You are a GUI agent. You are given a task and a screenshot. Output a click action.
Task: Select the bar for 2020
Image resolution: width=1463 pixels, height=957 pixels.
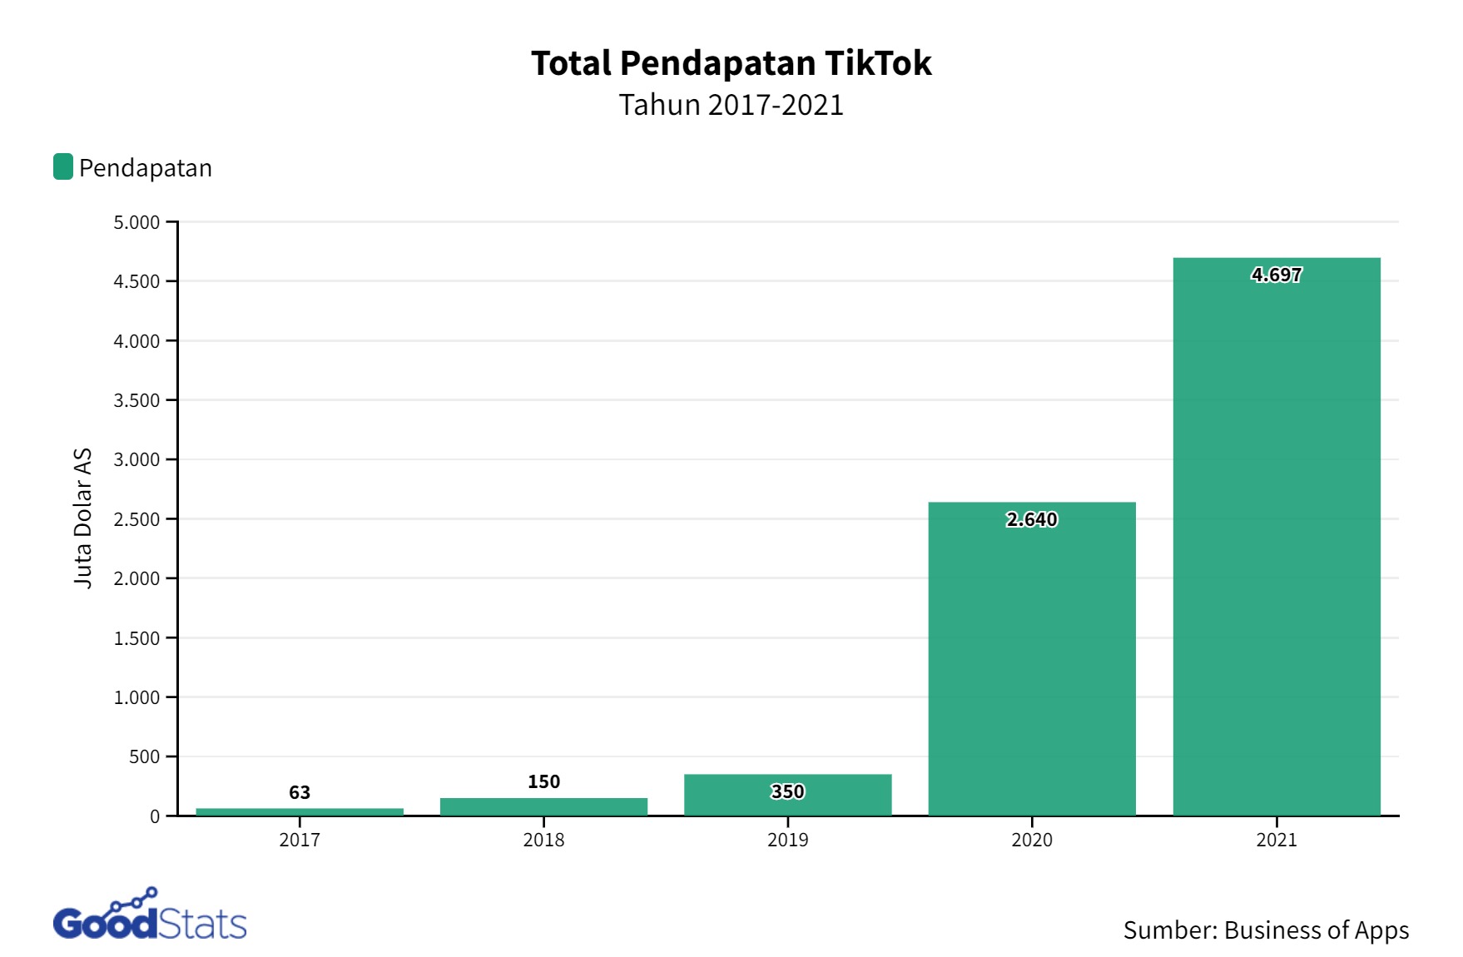pyautogui.click(x=1031, y=666)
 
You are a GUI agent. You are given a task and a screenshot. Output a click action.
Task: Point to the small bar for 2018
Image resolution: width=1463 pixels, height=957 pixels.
pyautogui.click(x=543, y=806)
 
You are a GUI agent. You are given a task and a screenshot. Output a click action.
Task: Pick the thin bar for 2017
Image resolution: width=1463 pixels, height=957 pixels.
pyautogui.click(x=300, y=811)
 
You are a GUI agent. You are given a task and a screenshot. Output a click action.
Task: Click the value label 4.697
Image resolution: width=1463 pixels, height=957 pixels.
pyautogui.click(x=1276, y=275)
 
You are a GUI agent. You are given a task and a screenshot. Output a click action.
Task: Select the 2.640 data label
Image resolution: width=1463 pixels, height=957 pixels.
pyautogui.click(x=1031, y=519)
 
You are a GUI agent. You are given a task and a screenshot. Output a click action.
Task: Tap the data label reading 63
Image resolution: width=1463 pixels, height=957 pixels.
pyautogui.click(x=300, y=792)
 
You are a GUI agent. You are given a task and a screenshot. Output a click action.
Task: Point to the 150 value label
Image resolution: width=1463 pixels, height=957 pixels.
pyautogui.click(x=543, y=781)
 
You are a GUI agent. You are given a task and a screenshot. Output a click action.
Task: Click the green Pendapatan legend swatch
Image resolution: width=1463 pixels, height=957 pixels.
pyautogui.click(x=63, y=166)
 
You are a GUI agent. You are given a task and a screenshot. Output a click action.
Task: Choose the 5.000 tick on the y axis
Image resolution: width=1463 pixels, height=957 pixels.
pyautogui.click(x=136, y=222)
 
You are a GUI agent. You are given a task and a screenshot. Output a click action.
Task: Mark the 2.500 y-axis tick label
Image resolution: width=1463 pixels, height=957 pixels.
pyautogui.click(x=136, y=519)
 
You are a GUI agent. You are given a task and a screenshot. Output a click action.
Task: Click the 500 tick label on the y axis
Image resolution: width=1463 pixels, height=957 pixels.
pyautogui.click(x=145, y=756)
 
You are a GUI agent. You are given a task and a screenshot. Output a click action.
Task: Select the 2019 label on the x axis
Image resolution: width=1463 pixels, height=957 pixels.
pyautogui.click(x=787, y=840)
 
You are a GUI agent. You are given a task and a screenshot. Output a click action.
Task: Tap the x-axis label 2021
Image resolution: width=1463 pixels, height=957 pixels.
pyautogui.click(x=1276, y=840)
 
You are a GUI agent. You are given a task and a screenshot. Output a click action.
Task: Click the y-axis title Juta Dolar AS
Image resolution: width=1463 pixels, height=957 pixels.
pyautogui.click(x=82, y=518)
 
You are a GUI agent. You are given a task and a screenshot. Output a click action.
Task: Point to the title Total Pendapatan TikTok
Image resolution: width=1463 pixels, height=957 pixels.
pyautogui.click(x=731, y=63)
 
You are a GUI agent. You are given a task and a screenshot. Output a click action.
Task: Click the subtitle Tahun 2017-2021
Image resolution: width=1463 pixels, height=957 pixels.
pyautogui.click(x=731, y=105)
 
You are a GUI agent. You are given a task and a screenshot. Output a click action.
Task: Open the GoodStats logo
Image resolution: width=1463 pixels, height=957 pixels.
pyautogui.click(x=150, y=916)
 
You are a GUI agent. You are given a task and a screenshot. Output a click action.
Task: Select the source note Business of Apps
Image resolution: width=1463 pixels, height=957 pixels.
pyautogui.click(x=1266, y=930)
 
